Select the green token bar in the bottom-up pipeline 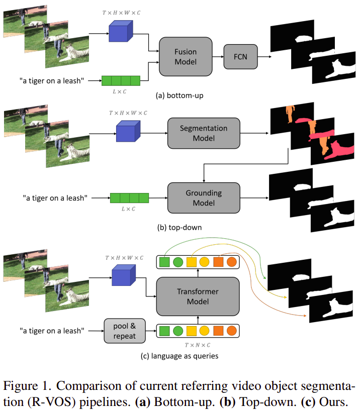tap(120, 80)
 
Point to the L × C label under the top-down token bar tap(130, 209)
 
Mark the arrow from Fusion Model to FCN tap(219, 56)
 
